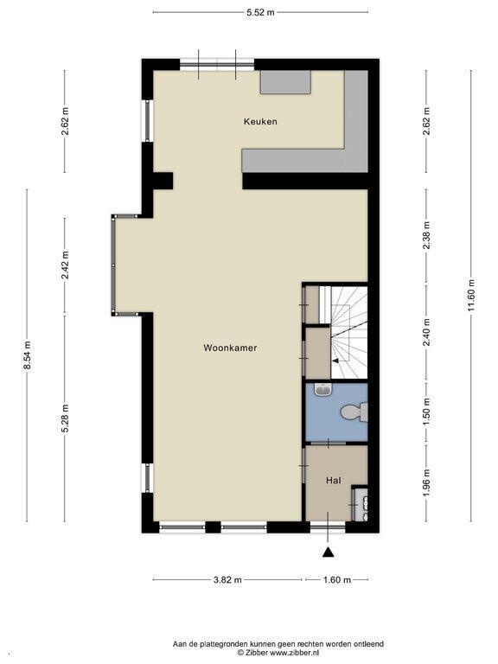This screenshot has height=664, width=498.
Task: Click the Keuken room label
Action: pyautogui.click(x=260, y=122)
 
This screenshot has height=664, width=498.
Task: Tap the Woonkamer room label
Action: pyautogui.click(x=230, y=348)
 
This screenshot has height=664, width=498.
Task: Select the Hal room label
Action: pyautogui.click(x=334, y=480)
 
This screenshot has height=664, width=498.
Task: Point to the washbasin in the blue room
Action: pyautogui.click(x=323, y=390)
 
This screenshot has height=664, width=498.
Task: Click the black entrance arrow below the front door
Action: pyautogui.click(x=328, y=552)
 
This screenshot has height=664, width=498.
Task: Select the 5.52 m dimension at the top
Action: pyautogui.click(x=260, y=12)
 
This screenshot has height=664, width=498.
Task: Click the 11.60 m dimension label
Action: pyautogui.click(x=472, y=296)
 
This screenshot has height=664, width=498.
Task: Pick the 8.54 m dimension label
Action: pyautogui.click(x=28, y=355)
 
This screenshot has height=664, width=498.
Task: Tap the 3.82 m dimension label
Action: pyautogui.click(x=227, y=580)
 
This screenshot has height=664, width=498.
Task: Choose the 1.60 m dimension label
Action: pyautogui.click(x=337, y=580)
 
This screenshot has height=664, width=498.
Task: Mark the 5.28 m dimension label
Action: pyautogui.click(x=65, y=418)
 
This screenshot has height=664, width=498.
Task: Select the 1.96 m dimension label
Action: pyautogui.click(x=426, y=483)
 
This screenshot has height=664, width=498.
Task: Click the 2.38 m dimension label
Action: pyautogui.click(x=426, y=236)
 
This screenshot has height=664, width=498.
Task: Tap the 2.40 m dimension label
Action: pyautogui.click(x=426, y=332)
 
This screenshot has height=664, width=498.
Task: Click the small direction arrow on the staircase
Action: pyautogui.click(x=335, y=361)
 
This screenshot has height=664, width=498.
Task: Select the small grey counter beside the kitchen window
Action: pyautogui.click(x=285, y=82)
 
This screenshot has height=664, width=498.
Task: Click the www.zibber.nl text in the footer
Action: pyautogui.click(x=295, y=653)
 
